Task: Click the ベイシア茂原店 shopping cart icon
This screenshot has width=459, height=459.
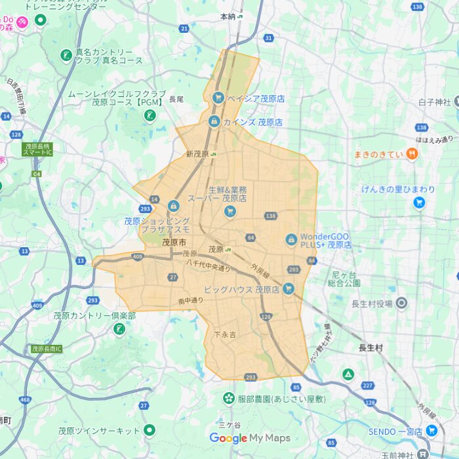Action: [x=218, y=98]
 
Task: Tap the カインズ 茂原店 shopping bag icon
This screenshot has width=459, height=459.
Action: [x=214, y=121]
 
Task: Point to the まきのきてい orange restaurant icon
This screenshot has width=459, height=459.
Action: [x=412, y=154]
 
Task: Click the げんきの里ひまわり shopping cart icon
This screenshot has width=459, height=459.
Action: [x=419, y=203]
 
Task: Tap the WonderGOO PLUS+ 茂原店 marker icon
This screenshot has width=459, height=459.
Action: [x=291, y=240]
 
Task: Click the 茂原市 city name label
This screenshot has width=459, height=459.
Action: [x=173, y=243]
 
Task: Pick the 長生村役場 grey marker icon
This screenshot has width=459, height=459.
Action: [x=401, y=303]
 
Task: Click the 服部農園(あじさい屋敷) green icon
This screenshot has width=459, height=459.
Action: [x=228, y=398]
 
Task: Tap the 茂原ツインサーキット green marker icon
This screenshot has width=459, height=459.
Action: [x=150, y=431]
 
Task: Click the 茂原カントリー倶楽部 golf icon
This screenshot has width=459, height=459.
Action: [x=119, y=329]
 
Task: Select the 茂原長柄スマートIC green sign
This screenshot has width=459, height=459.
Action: [x=38, y=150]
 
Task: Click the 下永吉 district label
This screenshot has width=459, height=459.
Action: [x=225, y=334]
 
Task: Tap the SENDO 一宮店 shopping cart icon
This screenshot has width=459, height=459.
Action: [x=431, y=430]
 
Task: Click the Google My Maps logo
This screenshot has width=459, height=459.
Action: [x=250, y=438]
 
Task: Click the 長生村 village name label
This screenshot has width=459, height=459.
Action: [x=371, y=348]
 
